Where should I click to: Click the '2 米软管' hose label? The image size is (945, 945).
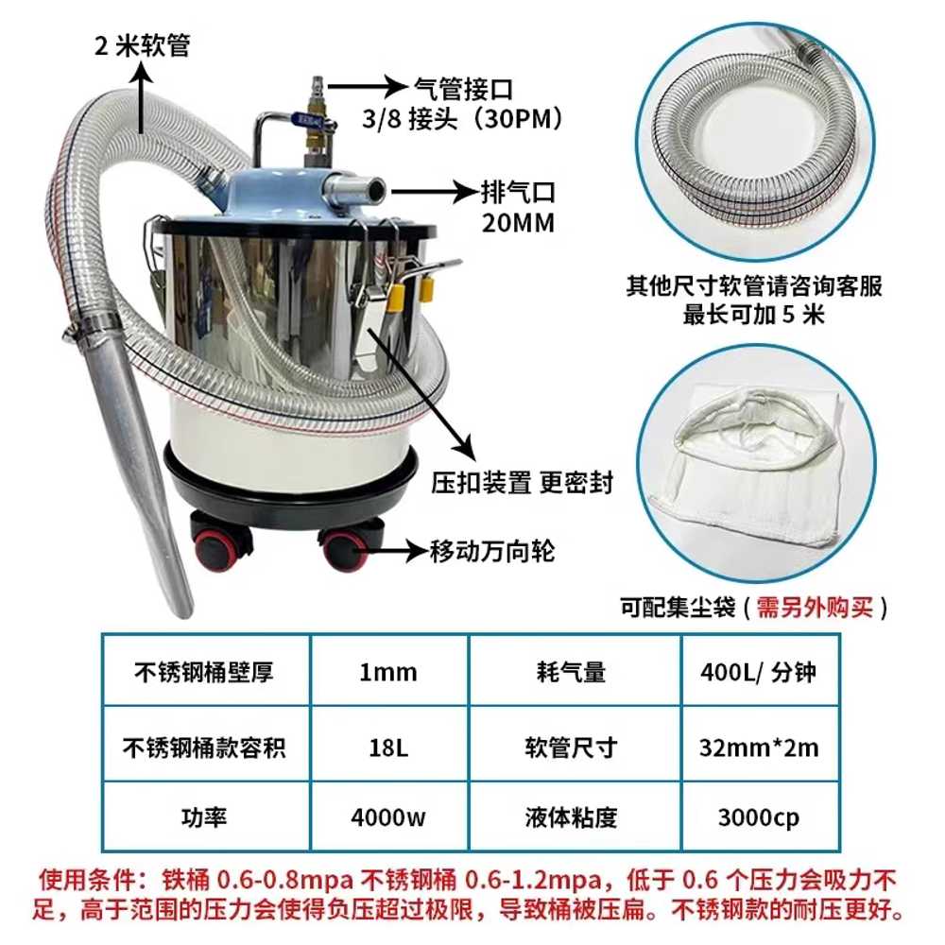click(143, 45)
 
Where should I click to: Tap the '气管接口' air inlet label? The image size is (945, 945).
click(463, 89)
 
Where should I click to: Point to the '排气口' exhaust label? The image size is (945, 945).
click(518, 193)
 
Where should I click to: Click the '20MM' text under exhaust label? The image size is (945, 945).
click(518, 223)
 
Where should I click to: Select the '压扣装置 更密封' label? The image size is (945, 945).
click(522, 483)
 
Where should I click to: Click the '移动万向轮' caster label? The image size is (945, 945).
click(491, 551)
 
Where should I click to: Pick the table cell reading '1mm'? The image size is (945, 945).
click(388, 671)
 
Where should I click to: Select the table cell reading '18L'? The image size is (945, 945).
click(388, 747)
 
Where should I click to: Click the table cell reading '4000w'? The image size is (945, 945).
click(388, 817)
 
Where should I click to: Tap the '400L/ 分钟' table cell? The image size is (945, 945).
click(760, 671)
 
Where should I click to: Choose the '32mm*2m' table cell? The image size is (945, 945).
click(760, 747)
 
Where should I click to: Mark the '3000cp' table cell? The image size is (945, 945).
click(760, 817)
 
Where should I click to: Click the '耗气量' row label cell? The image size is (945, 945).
click(575, 671)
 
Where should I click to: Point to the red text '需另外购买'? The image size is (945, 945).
click(815, 607)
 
